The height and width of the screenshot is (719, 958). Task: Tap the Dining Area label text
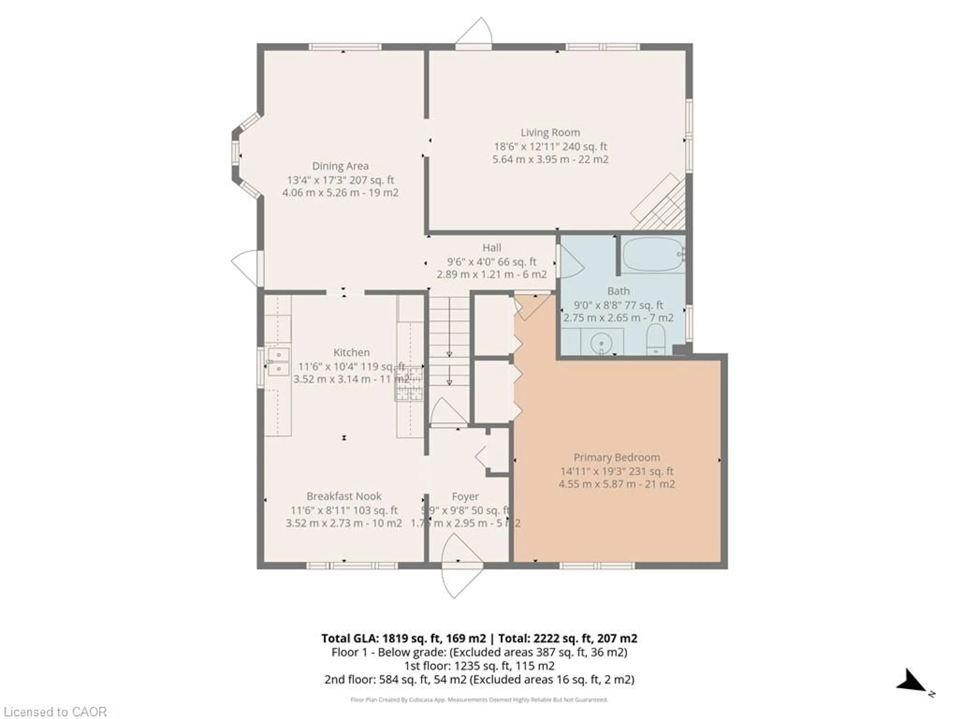[340, 166]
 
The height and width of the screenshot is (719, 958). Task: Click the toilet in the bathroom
[655, 339]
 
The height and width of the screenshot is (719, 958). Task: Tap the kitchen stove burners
[408, 383]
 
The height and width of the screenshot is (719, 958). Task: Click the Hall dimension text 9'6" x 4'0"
[491, 262]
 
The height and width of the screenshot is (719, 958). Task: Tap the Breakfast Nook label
[344, 496]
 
